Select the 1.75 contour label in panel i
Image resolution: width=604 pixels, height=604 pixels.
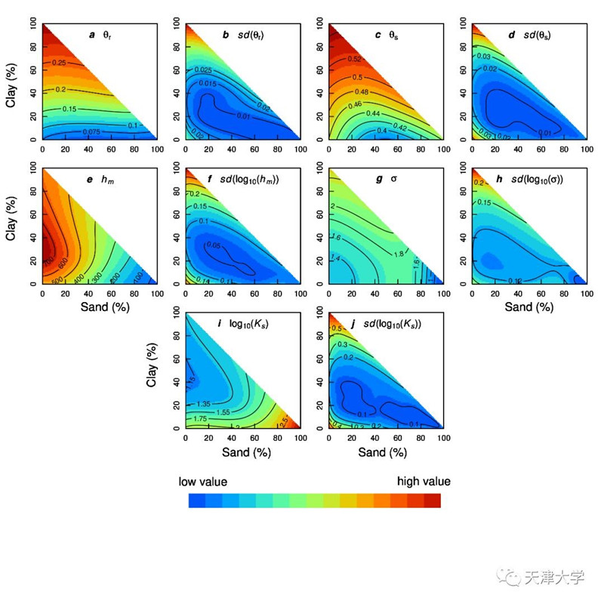pos(199,418)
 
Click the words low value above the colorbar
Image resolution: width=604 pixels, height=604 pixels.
pos(202,481)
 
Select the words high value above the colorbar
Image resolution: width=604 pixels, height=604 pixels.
pos(424,481)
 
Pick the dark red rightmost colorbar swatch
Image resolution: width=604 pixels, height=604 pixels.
pos(432,501)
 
